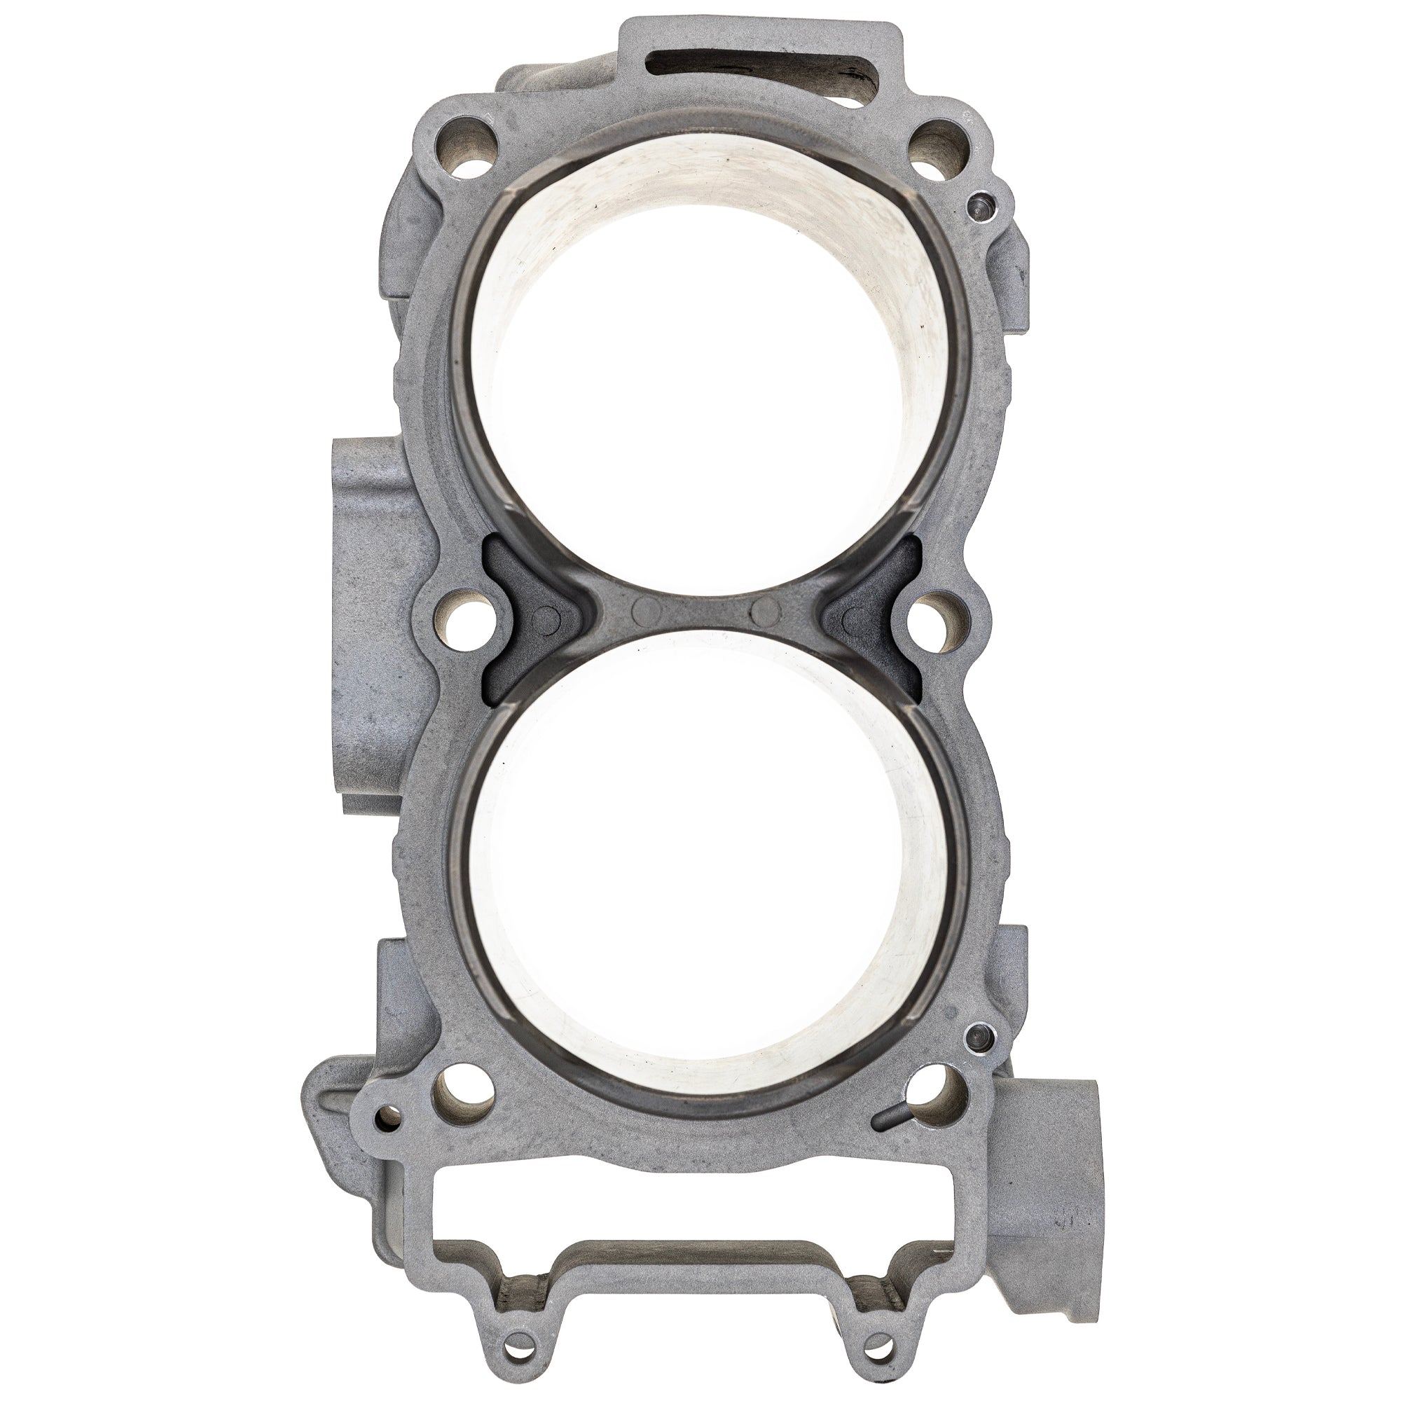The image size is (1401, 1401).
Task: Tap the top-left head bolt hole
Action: click(467, 149)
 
